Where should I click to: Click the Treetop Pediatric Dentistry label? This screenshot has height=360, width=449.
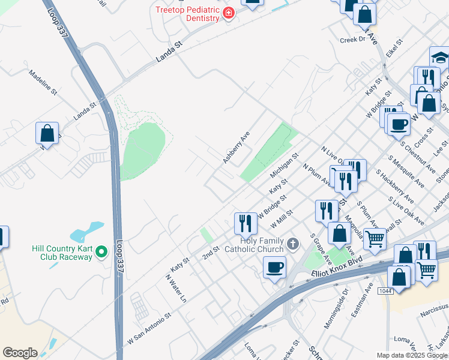[x=187, y=14]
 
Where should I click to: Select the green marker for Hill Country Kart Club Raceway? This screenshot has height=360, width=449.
[x=101, y=251]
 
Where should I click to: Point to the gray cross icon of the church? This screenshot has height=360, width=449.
[x=293, y=243]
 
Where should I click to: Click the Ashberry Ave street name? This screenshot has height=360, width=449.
[x=236, y=148]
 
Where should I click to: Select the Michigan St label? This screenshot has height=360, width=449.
[x=284, y=165]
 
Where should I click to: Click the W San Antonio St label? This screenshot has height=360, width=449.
[x=149, y=328]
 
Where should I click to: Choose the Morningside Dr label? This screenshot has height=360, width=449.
[x=337, y=304]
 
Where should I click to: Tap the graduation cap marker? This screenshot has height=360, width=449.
[x=439, y=59]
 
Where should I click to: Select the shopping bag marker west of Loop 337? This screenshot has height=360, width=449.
[x=47, y=133]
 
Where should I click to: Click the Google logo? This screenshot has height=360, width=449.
[x=20, y=353]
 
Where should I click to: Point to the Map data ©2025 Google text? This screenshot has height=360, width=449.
[x=411, y=355]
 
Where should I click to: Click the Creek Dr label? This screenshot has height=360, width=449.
[x=353, y=40]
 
